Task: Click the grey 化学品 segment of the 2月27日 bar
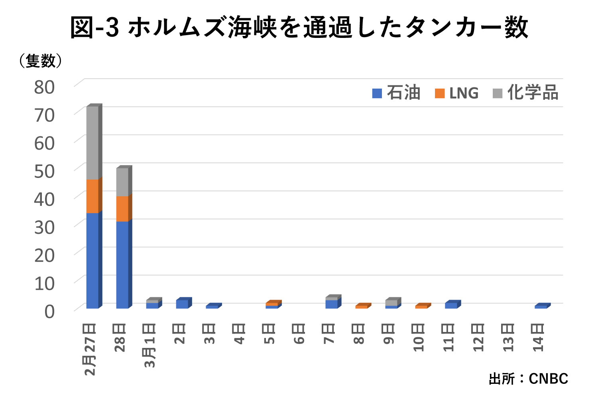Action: click(92, 142)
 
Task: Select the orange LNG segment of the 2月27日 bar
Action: click(92, 196)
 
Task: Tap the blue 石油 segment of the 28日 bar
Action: click(122, 265)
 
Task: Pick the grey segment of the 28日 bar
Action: click(122, 182)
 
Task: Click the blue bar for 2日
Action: click(182, 304)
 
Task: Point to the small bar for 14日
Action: click(541, 306)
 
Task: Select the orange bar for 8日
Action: click(362, 306)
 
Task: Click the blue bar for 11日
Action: click(451, 305)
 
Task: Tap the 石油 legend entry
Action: click(396, 93)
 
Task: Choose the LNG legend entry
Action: click(457, 93)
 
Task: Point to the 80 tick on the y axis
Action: click(44, 87)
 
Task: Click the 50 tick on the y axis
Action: click(44, 171)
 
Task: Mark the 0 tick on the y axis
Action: click(49, 312)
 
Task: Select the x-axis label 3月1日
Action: click(149, 346)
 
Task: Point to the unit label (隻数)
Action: click(40, 61)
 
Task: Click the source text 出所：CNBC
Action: click(528, 379)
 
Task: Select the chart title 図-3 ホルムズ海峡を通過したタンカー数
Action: click(299, 27)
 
